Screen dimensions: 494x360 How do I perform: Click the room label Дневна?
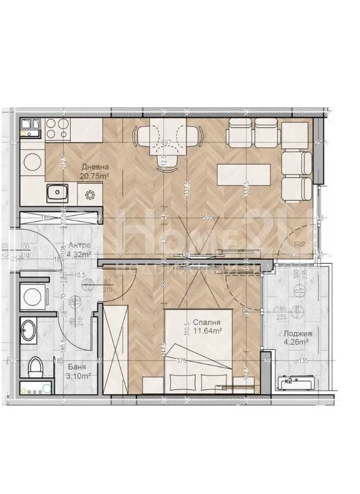95,166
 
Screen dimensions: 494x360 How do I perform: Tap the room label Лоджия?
298,334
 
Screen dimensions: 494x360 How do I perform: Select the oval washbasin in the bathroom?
29,332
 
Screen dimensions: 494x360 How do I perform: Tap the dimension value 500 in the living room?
208,218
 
